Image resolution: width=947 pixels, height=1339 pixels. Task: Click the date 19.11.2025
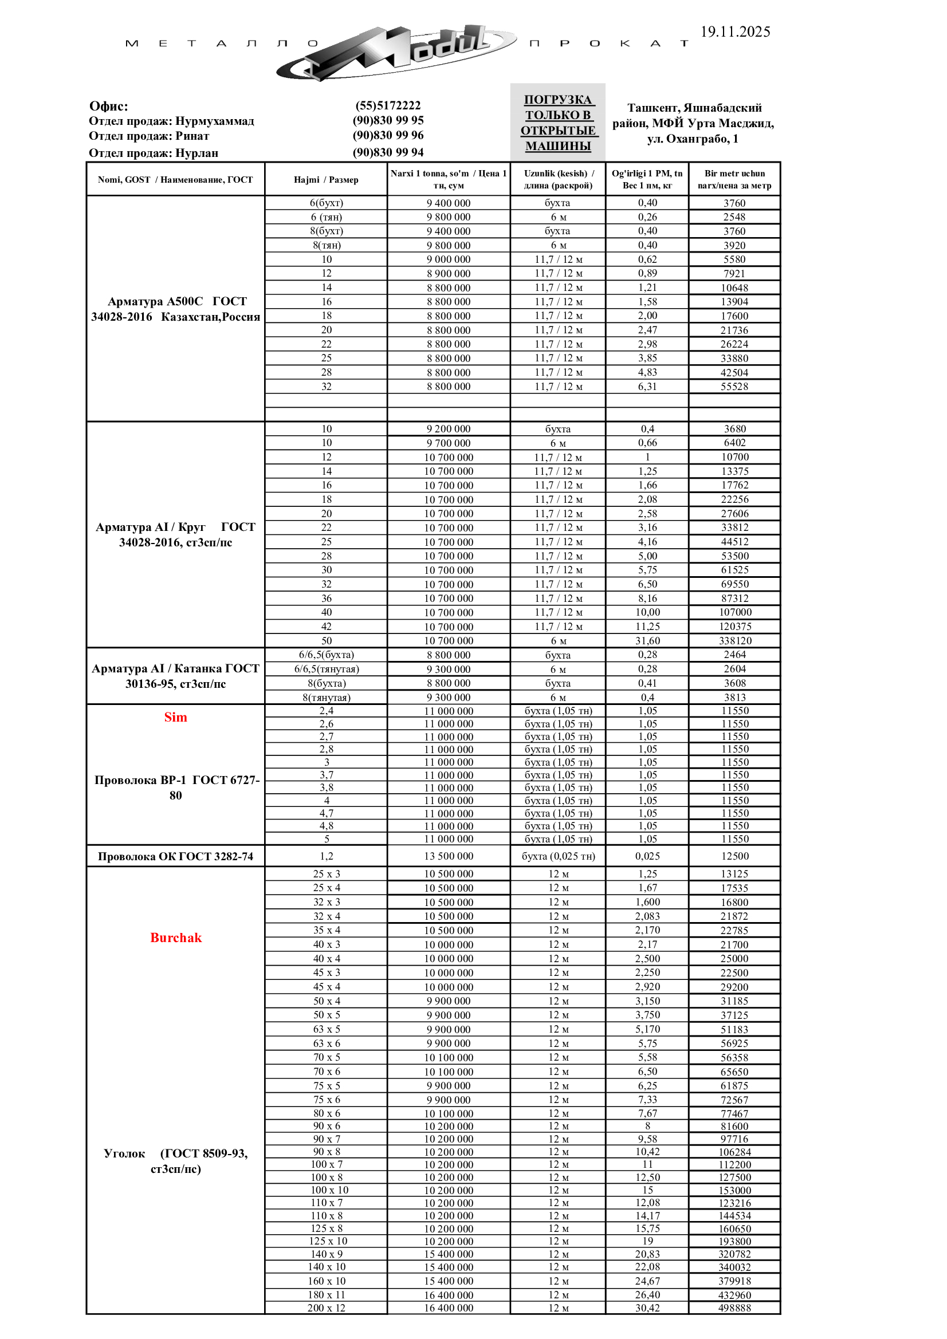coord(734,32)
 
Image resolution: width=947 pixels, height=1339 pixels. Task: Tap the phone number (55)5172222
coord(388,105)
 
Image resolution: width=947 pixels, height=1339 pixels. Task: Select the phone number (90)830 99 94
coord(388,152)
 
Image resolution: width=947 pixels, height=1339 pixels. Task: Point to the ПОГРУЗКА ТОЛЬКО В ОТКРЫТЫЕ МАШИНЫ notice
coord(558,123)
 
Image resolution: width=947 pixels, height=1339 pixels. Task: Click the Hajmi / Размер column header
coord(325,180)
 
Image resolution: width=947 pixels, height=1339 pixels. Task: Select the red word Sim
coord(176,717)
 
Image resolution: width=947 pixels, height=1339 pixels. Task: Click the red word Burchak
coord(176,938)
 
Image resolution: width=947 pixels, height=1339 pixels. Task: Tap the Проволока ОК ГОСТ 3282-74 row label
coord(176,856)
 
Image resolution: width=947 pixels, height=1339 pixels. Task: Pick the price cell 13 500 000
coord(448,856)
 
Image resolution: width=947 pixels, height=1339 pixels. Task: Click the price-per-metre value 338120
coord(734,640)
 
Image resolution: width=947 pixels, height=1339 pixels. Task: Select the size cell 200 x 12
coord(326,1308)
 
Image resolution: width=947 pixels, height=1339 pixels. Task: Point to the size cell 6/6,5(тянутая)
coord(326,669)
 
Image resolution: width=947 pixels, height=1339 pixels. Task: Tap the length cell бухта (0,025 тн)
coord(558,856)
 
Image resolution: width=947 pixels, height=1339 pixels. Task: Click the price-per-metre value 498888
coord(734,1308)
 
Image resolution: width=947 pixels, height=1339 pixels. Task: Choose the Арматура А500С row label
coord(176,309)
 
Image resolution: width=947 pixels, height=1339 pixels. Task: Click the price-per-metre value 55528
coord(734,387)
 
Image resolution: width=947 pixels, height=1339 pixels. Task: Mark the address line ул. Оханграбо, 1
coord(693,139)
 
